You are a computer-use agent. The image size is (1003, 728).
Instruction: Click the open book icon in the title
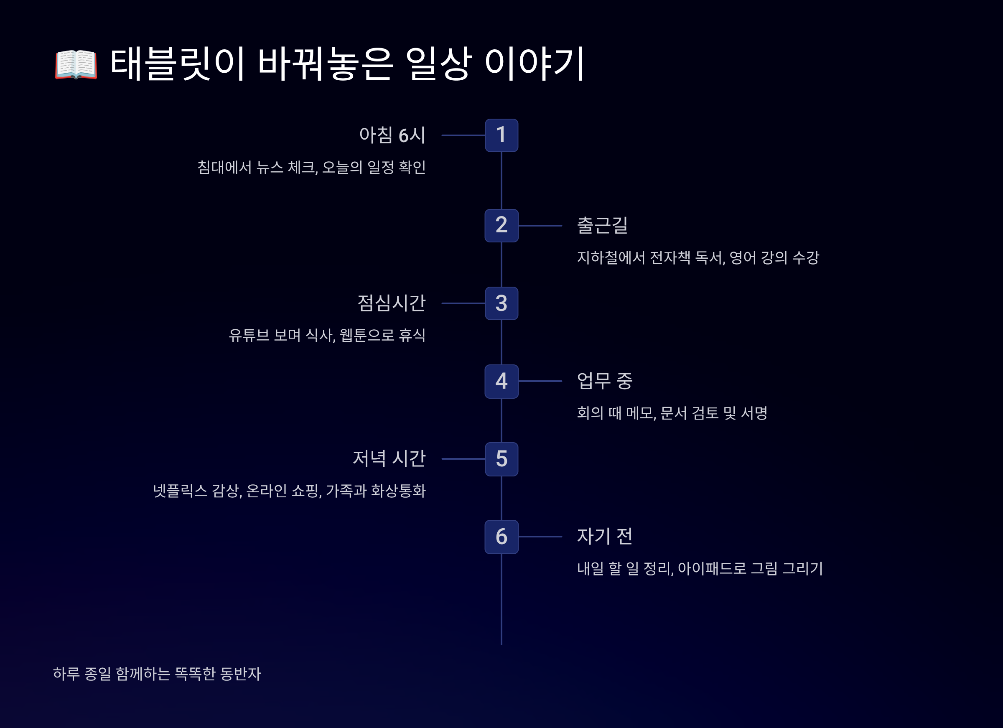76,65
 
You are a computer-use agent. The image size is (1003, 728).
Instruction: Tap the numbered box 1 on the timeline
501,135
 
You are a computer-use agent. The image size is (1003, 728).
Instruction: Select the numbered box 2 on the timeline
501,226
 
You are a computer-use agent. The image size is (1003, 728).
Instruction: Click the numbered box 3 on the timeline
501,303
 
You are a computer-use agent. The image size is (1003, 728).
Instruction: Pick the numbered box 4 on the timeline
501,381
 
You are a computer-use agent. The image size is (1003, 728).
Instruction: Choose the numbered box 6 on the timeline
501,537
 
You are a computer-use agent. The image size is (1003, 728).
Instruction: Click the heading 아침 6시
392,135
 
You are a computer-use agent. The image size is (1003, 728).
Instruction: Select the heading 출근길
602,226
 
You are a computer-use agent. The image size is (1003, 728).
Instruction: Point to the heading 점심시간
392,303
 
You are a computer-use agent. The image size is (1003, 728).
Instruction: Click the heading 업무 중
605,381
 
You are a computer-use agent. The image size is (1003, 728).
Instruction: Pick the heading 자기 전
605,537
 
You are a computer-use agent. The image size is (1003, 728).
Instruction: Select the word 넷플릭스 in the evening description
180,491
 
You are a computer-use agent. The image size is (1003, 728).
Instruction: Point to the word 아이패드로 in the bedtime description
712,569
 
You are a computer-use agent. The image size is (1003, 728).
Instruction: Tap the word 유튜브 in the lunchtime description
249,335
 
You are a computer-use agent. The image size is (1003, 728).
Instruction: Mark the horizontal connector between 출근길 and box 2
540,226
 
